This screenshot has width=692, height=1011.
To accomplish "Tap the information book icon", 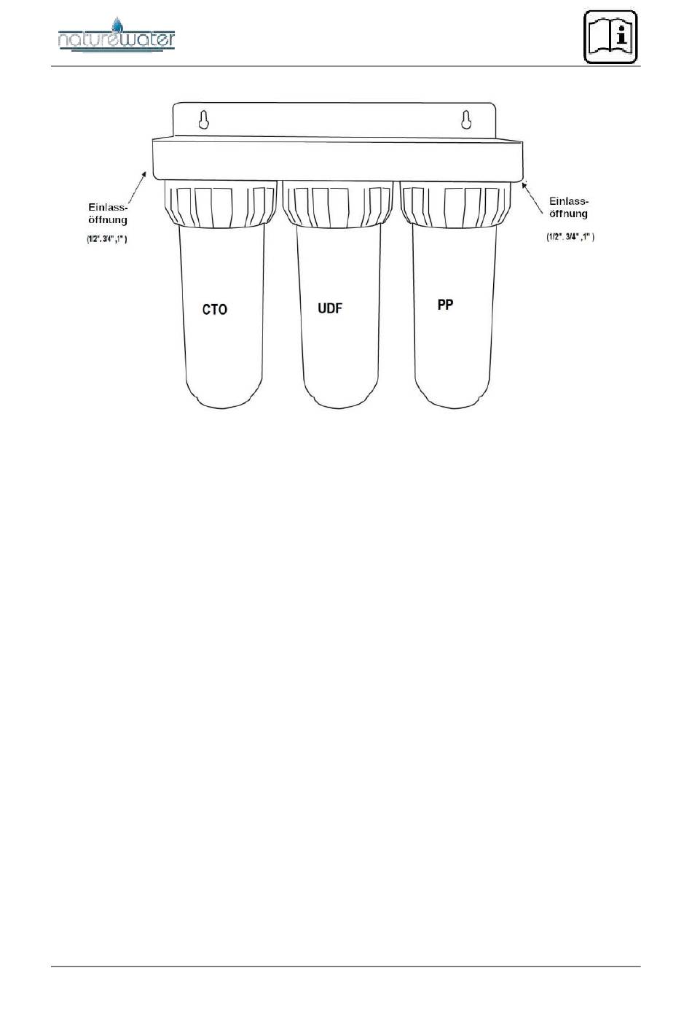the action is [x=611, y=36].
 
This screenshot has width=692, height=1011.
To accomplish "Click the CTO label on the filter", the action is [x=215, y=310].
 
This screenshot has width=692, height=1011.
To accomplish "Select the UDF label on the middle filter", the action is [x=330, y=308].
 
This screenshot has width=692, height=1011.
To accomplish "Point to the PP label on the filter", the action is [x=445, y=305].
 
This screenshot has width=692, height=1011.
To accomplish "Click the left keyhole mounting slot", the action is [x=204, y=120].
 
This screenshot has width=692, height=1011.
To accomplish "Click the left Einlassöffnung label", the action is [x=108, y=214].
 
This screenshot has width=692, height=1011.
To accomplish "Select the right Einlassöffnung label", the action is [x=569, y=207].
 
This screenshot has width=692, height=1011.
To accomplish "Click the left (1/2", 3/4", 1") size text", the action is [x=107, y=239].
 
